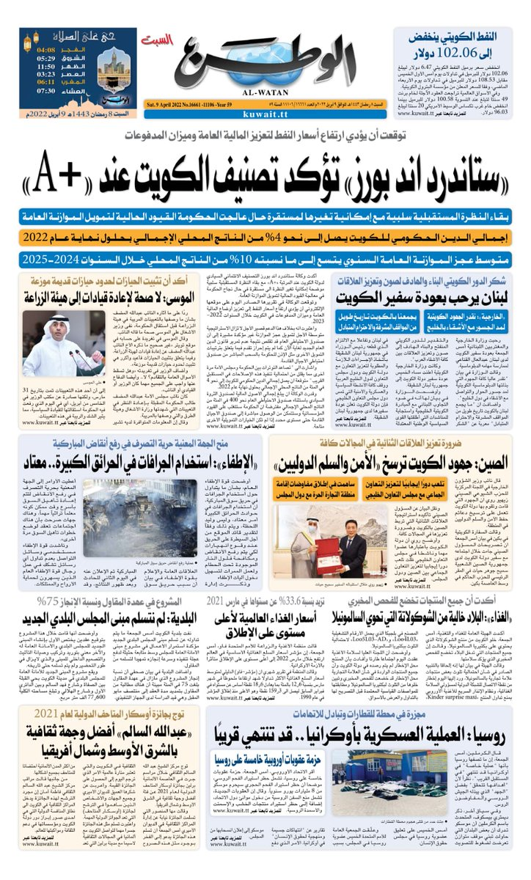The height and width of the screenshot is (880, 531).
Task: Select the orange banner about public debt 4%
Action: tap(265, 238)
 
